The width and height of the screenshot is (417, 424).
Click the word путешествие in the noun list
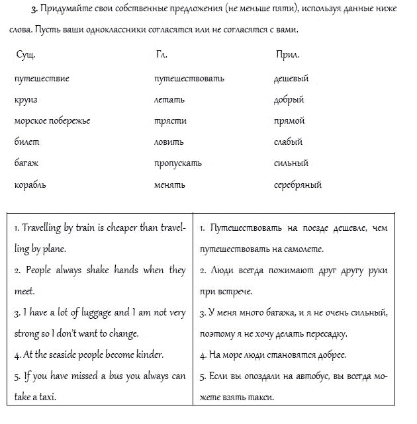tap(41, 79)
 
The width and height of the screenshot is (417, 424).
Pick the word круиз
tap(25, 100)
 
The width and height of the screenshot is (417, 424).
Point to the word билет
tap(26, 142)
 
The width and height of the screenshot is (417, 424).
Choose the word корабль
tap(30, 185)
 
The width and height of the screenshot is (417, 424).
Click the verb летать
tap(169, 100)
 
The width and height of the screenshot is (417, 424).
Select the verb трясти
tap(170, 121)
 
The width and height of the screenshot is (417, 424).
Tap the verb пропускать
tap(177, 163)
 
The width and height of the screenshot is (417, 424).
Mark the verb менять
tap(169, 185)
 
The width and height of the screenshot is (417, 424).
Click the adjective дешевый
tap(291, 79)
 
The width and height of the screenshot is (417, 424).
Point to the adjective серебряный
tap(297, 185)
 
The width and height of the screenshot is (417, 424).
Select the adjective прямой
tap(289, 121)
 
